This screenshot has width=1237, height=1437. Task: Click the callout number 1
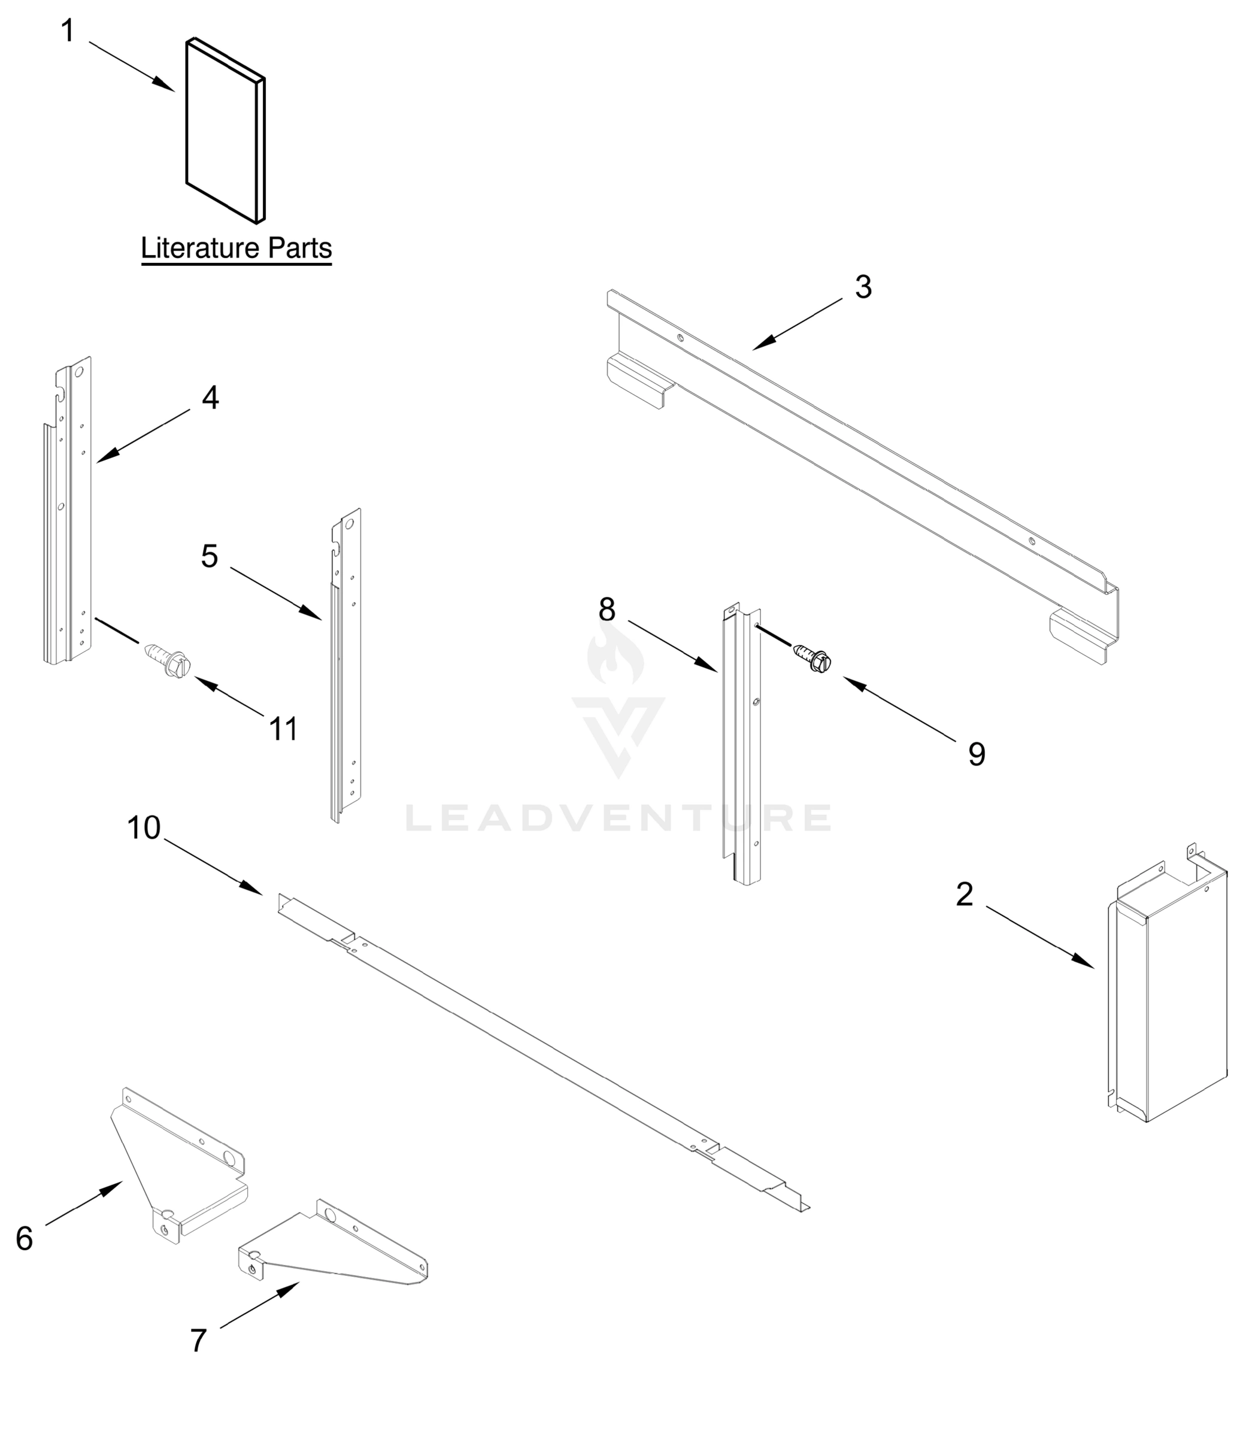(x=67, y=31)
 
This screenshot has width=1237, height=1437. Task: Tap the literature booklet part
(x=225, y=132)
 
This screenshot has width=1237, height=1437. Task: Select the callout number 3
(x=863, y=287)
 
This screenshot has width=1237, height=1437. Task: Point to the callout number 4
(x=210, y=398)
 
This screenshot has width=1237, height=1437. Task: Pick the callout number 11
(x=283, y=729)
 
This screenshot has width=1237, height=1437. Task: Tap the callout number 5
(x=210, y=556)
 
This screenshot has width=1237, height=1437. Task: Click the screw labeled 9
(x=812, y=654)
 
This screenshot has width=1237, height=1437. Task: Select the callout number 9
(x=977, y=754)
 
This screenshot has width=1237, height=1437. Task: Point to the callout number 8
(x=607, y=610)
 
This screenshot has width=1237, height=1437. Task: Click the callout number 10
(x=144, y=827)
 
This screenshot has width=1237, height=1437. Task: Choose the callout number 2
(x=964, y=895)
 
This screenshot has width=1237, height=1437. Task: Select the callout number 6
(x=25, y=1239)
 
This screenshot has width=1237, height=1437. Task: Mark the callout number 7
(x=198, y=1341)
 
